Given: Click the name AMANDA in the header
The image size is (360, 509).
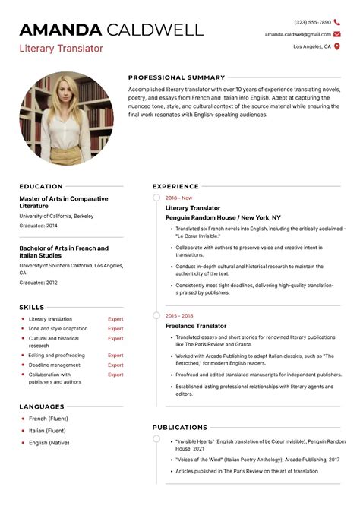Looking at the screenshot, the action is coord(60,30).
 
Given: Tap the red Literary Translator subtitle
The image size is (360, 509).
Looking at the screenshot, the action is coord(61,49).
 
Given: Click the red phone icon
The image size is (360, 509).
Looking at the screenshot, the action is coord(337,22).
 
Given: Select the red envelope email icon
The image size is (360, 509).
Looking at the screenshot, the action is coord(337,34).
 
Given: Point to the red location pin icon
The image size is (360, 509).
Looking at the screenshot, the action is coord(337,46).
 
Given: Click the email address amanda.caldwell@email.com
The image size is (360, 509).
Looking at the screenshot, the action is coord(298,34).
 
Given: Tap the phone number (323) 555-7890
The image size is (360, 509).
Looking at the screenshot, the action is coord(312,22).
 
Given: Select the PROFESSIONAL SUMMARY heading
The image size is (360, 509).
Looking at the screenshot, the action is coord(176,77).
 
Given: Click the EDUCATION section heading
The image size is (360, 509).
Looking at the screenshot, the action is coord(41,186).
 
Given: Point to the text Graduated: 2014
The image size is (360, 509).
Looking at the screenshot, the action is coord(38,226).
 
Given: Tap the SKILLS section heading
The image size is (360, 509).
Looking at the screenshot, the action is coord(32,307).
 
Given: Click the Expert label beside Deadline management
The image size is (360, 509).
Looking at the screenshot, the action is coord(115,365).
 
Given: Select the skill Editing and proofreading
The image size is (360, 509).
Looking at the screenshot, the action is coord(56,355).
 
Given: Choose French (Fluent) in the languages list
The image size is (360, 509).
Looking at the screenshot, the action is coord(48,419).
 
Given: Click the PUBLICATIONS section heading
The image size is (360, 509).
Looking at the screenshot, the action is coord(179,427).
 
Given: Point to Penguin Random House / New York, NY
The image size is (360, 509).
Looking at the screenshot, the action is coord(223,217).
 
